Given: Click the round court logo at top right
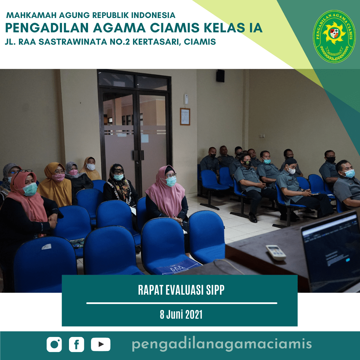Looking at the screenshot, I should pyautogui.click(x=334, y=36).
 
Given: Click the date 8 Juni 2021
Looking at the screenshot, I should pyautogui.click(x=181, y=315).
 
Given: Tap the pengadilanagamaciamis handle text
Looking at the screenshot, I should pyautogui.click(x=222, y=344).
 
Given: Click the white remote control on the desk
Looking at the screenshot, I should pyautogui.click(x=276, y=252).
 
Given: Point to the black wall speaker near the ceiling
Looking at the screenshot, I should pyautogui.click(x=220, y=76).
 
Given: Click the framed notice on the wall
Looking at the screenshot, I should pyautogui.click(x=185, y=116).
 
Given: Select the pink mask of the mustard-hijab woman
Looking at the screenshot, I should pyautogui.click(x=59, y=177).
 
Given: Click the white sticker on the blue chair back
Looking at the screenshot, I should pyautogui.click(x=46, y=247).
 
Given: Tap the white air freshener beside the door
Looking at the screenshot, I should pyautogui.click(x=186, y=99).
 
